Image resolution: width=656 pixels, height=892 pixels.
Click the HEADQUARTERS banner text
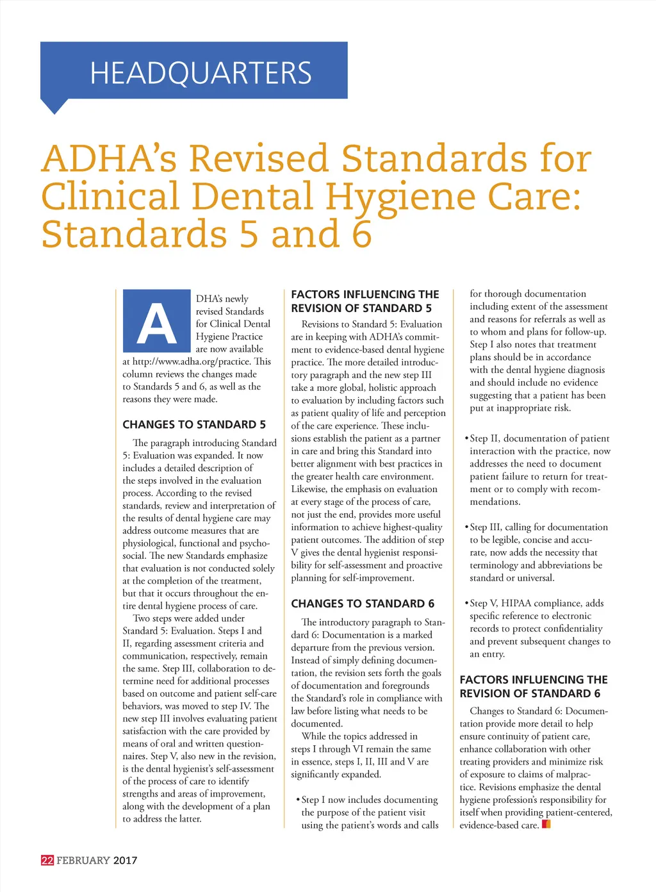pyautogui.click(x=201, y=72)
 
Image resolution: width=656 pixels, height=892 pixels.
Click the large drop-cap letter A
pyautogui.click(x=158, y=322)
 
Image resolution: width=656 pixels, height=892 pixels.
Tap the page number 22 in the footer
pyautogui.click(x=47, y=860)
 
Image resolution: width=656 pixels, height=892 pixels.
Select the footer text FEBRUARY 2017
pyautogui.click(x=97, y=860)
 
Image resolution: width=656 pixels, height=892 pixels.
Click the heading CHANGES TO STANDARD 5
pyautogui.click(x=194, y=424)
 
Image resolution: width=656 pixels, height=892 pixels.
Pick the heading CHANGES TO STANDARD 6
pyautogui.click(x=363, y=604)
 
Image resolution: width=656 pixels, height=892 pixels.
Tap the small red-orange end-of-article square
pyautogui.click(x=546, y=824)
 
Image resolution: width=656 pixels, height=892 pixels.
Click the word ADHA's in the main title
pyautogui.click(x=109, y=158)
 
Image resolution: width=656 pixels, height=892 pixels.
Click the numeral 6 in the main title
pyautogui.click(x=362, y=234)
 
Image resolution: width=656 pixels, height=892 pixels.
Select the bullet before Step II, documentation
pyautogui.click(x=466, y=439)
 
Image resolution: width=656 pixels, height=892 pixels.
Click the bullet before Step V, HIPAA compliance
pyautogui.click(x=466, y=604)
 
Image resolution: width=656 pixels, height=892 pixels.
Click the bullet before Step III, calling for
pyautogui.click(x=466, y=527)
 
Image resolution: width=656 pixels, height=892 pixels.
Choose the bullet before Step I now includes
pyautogui.click(x=298, y=800)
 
